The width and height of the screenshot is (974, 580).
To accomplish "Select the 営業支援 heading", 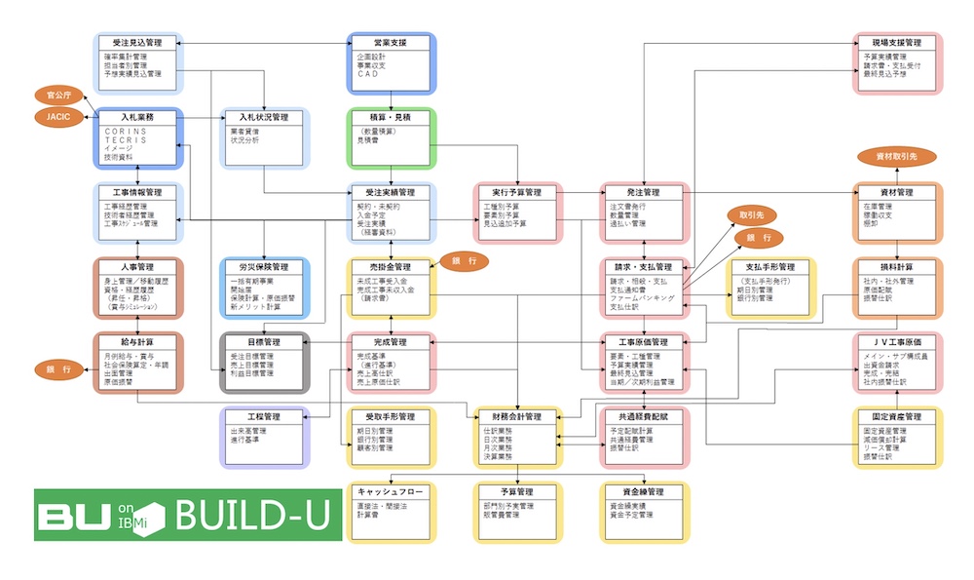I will click(x=391, y=43).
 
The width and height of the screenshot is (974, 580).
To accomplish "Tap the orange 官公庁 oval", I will click(x=54, y=96).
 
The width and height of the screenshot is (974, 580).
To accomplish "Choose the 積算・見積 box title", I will click(x=391, y=117).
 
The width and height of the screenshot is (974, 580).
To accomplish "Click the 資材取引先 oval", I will click(x=897, y=155).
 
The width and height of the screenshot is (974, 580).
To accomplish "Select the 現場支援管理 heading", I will click(x=897, y=43).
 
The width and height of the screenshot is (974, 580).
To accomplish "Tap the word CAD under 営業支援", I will click(x=367, y=74).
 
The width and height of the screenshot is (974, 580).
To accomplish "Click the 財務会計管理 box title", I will click(x=517, y=416).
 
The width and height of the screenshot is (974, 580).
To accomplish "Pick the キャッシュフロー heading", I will click(x=391, y=491).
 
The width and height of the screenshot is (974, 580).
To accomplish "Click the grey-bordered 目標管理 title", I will click(x=264, y=342).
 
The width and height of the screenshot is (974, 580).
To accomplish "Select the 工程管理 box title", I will click(x=264, y=416).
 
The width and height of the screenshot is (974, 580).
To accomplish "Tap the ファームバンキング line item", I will click(x=643, y=298).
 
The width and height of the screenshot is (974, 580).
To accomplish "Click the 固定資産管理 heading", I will click(x=897, y=416).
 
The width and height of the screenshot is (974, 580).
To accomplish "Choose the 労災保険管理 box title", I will click(x=264, y=266).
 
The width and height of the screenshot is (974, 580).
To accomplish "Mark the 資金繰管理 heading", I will click(x=643, y=491).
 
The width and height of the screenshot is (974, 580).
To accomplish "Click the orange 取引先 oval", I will click(x=750, y=215).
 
